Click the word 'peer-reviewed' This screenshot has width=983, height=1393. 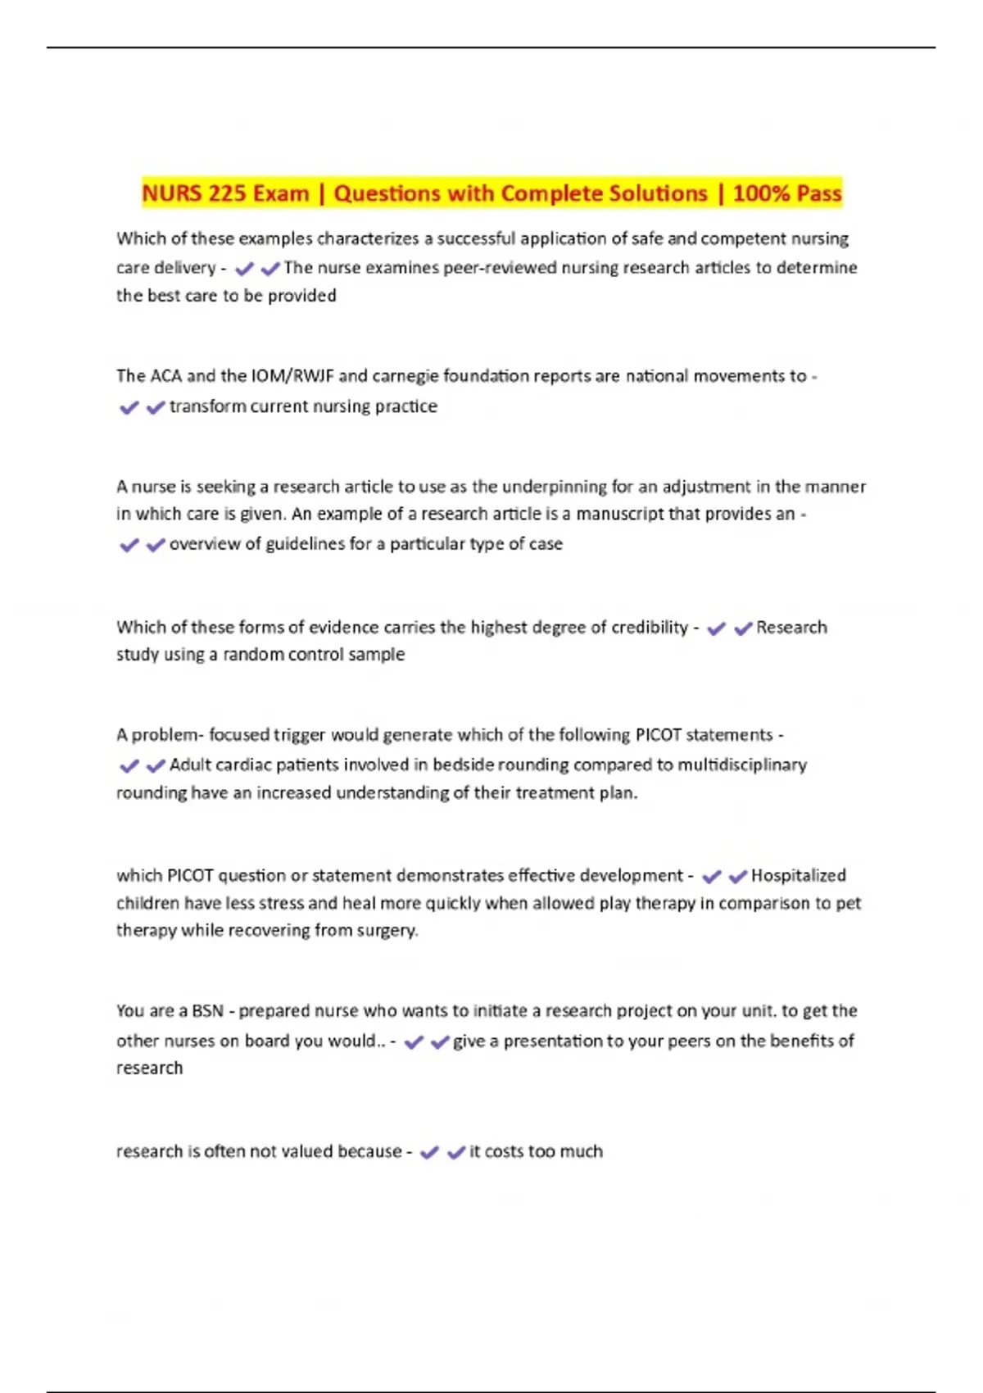(x=500, y=268)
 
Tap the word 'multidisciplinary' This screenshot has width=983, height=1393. (x=742, y=765)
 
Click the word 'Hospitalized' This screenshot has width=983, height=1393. (x=798, y=876)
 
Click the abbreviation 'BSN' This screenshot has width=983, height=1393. (x=207, y=1011)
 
